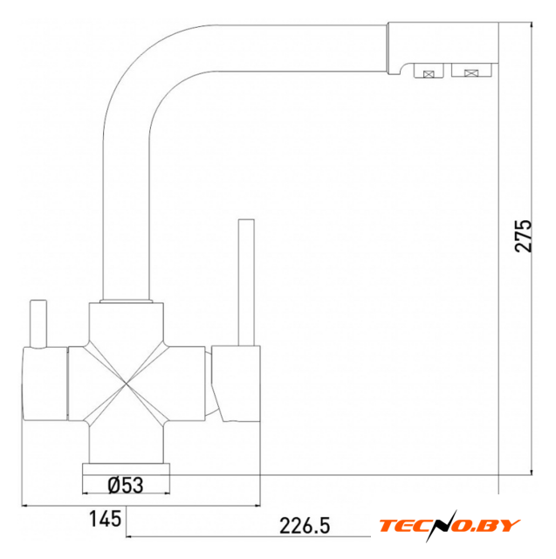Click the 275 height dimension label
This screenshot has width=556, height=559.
coord(523,236)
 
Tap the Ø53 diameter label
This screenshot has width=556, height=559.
coord(126,486)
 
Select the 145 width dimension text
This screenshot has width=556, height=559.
coord(105,519)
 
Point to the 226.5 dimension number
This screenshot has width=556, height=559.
coord(305,526)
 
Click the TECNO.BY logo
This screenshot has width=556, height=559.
coord(450,526)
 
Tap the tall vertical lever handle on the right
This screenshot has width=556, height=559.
coord(246,282)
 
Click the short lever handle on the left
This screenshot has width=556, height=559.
coord(38,324)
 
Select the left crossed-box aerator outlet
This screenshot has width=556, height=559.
coord(429,71)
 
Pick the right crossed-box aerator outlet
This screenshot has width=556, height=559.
coord(471,70)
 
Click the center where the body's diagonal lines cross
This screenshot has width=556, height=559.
coord(127,383)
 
